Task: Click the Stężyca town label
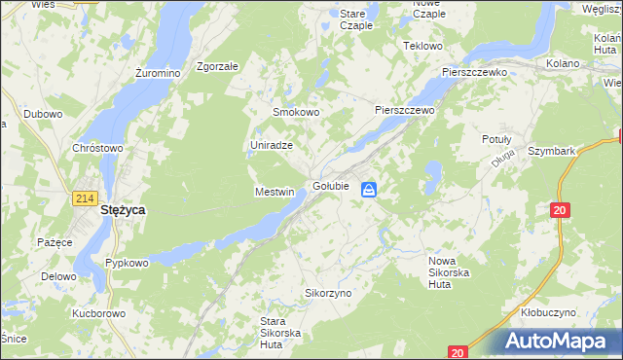124,208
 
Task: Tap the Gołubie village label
331,186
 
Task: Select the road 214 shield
85,198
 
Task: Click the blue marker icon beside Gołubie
370,190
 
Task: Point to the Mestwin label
274,192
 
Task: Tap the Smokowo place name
296,112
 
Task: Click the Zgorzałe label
217,67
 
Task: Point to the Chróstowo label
97,148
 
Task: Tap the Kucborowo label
99,313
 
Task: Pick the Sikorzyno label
328,292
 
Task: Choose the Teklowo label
423,46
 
